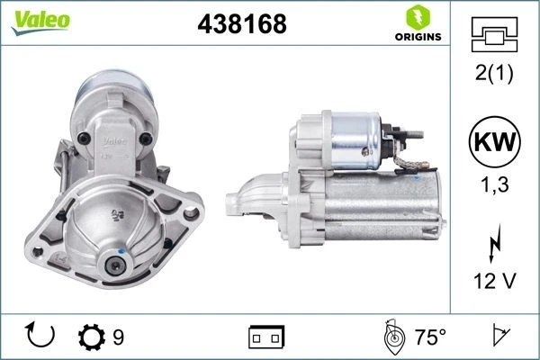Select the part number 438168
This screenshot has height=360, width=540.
(241, 24)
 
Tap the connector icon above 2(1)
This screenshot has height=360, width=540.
(494, 35)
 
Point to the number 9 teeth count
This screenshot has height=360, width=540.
(119, 337)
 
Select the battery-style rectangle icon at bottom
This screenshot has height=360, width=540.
(265, 337)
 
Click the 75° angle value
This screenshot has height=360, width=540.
(429, 337)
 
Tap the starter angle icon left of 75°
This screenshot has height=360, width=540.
(393, 337)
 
